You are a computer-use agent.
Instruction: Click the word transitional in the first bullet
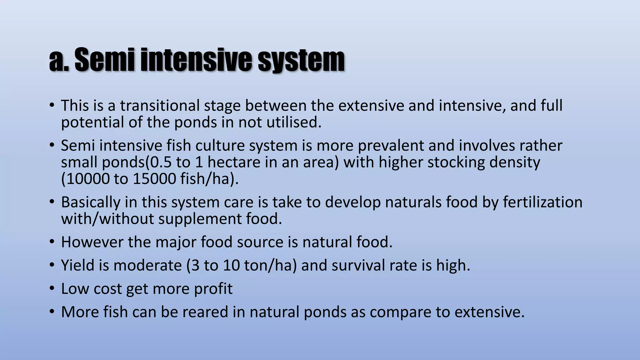(x=160, y=106)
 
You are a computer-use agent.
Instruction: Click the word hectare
(x=234, y=162)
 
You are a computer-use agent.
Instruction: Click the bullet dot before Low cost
(x=52, y=289)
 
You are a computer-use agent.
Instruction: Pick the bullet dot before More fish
(x=52, y=312)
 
